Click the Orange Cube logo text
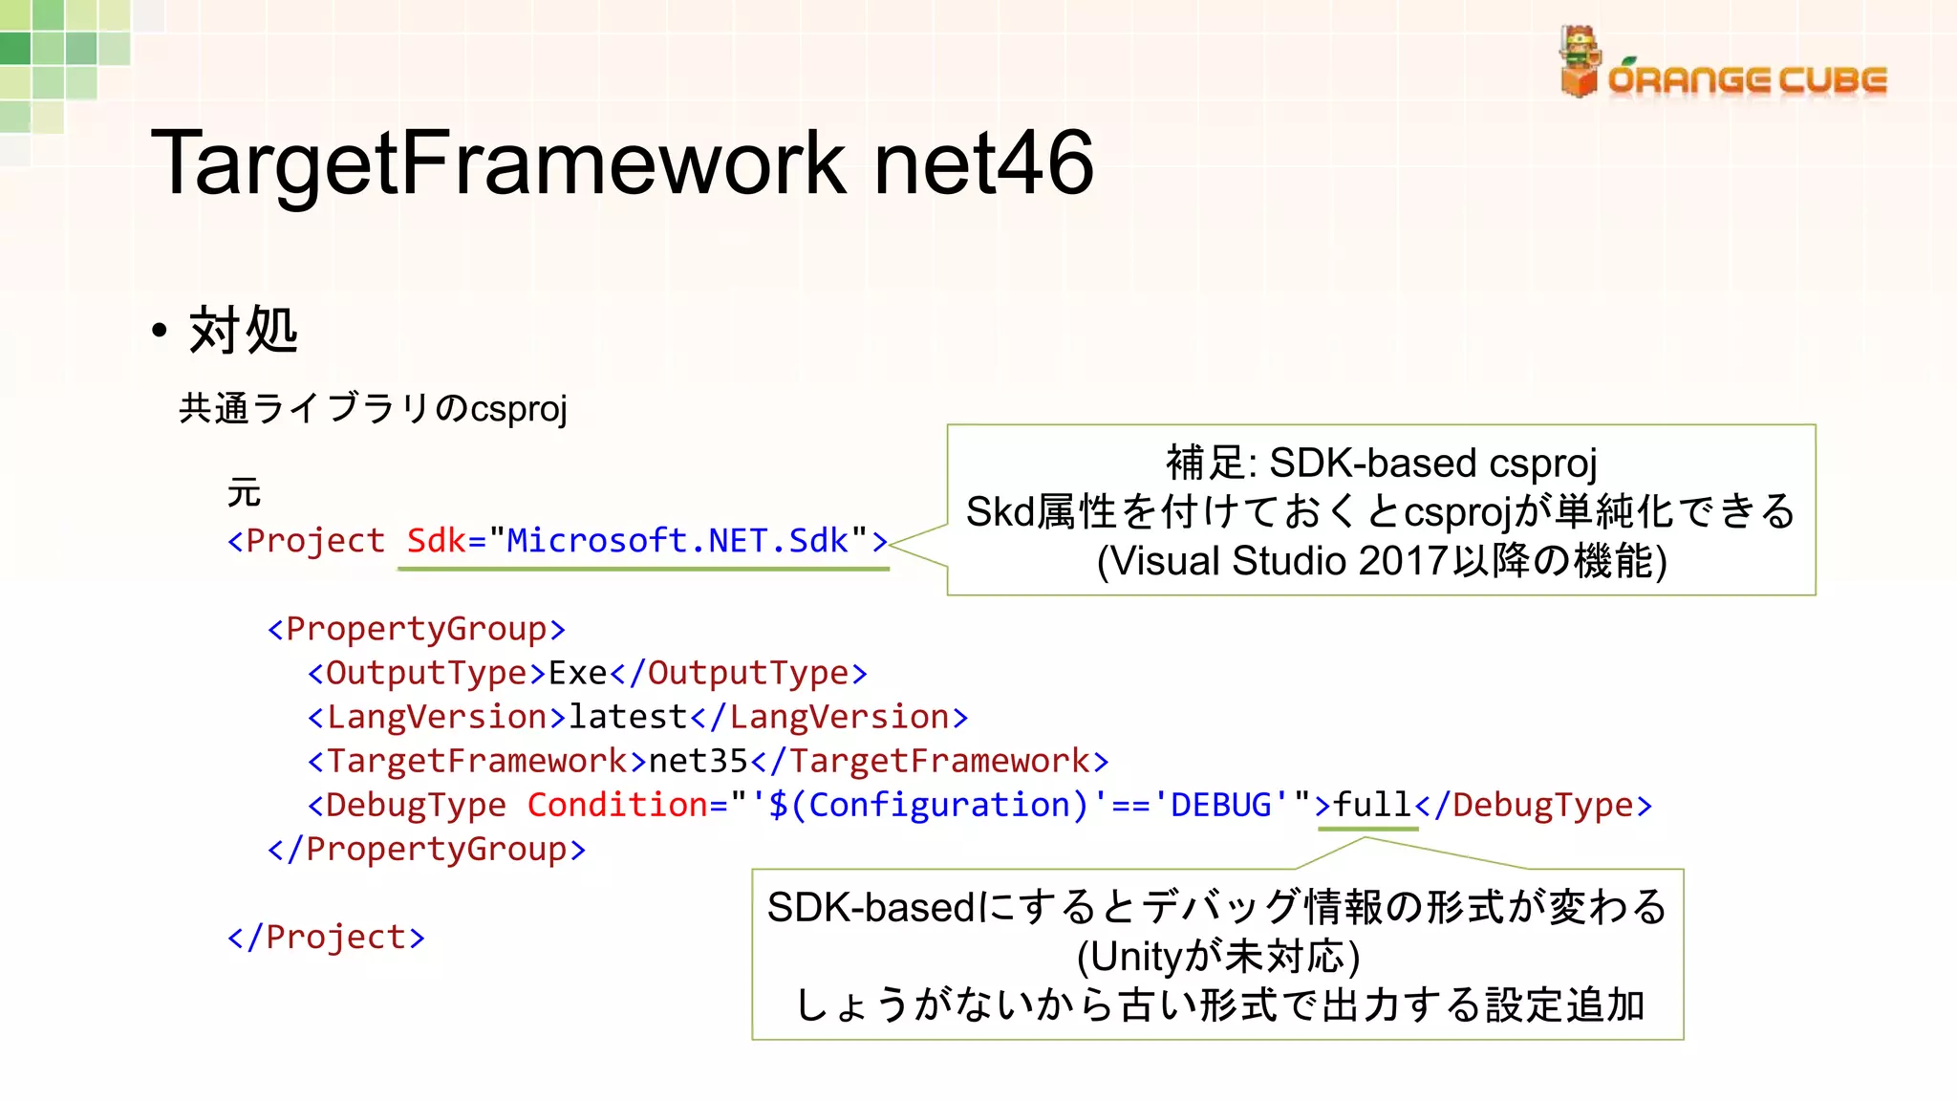coord(1747,80)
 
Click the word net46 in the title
coord(983,163)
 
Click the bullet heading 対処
coord(244,331)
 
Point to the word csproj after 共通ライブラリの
coord(518,409)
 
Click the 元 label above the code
coord(244,493)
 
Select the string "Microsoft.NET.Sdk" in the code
coord(677,541)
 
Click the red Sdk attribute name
coord(436,541)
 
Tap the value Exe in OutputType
coord(578,673)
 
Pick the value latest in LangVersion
coord(628,717)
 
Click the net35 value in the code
coord(698,761)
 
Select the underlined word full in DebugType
coord(1372,805)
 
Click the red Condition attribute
coord(617,805)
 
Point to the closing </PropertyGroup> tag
coord(426,849)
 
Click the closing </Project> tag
coord(326,937)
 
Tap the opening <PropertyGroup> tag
coord(417,629)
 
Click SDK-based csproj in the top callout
coord(1432,464)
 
